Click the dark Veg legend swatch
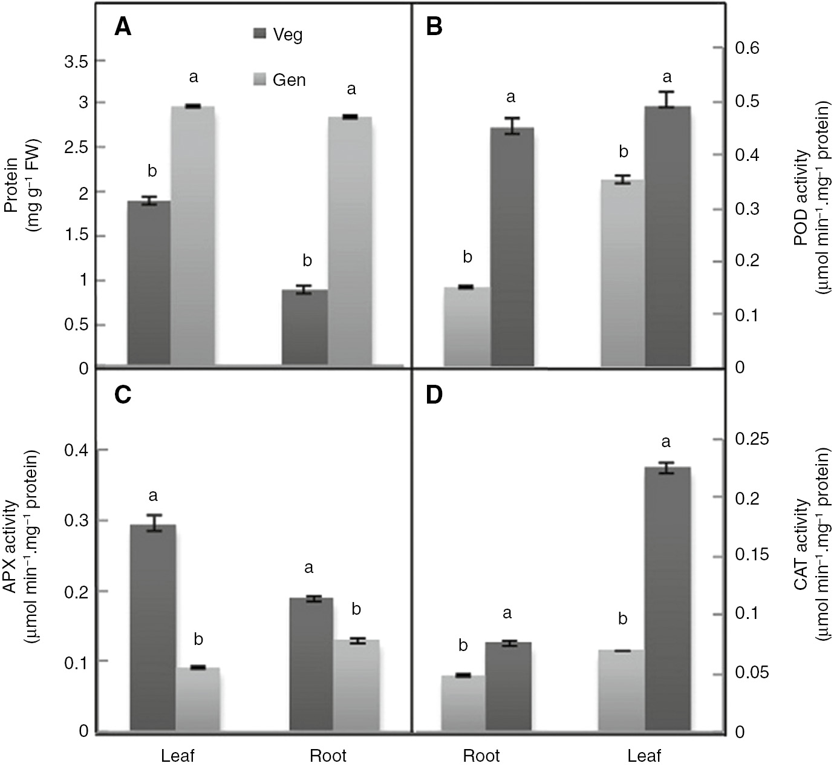tap(258, 34)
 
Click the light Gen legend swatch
tap(258, 79)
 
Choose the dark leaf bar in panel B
tap(668, 236)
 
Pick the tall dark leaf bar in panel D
tap(668, 599)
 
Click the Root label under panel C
tap(328, 756)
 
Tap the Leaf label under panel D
tap(644, 756)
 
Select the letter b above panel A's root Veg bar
tap(307, 261)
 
